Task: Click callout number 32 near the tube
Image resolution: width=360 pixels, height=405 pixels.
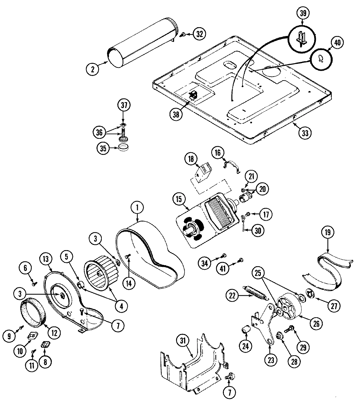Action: click(x=200, y=33)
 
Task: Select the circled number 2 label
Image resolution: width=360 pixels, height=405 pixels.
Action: click(x=93, y=69)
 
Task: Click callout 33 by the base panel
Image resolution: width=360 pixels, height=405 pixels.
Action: click(x=304, y=133)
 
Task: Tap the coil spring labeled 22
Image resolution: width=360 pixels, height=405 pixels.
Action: click(x=253, y=291)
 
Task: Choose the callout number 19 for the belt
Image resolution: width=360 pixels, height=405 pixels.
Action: click(x=328, y=232)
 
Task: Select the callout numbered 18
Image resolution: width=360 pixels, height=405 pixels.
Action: click(x=191, y=159)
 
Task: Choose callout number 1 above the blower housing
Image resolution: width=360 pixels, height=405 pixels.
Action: click(x=137, y=207)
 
